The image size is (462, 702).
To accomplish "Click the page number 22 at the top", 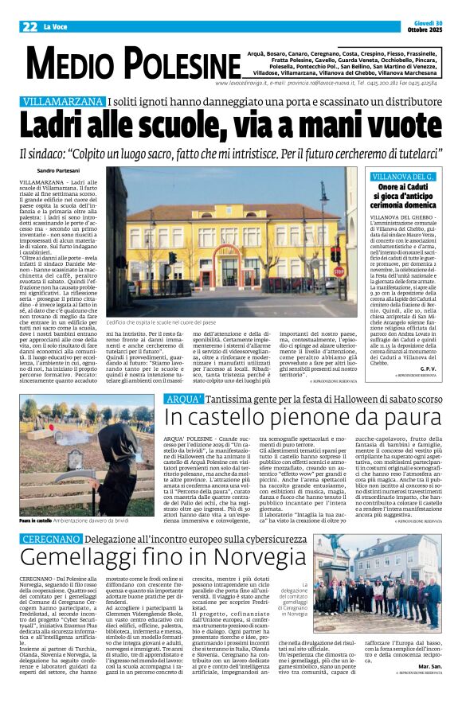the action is click(x=29, y=26).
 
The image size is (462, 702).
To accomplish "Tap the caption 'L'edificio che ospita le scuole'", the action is click(x=167, y=322).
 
